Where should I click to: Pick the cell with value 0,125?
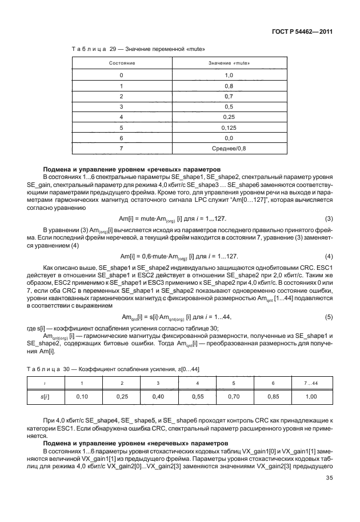point(229,127)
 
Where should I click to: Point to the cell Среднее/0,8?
point(229,149)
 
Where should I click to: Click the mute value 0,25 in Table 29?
point(229,117)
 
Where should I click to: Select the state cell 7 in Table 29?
point(121,149)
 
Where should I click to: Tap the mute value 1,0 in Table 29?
point(229,75)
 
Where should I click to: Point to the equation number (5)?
point(329,316)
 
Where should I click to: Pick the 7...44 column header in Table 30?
point(312,382)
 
